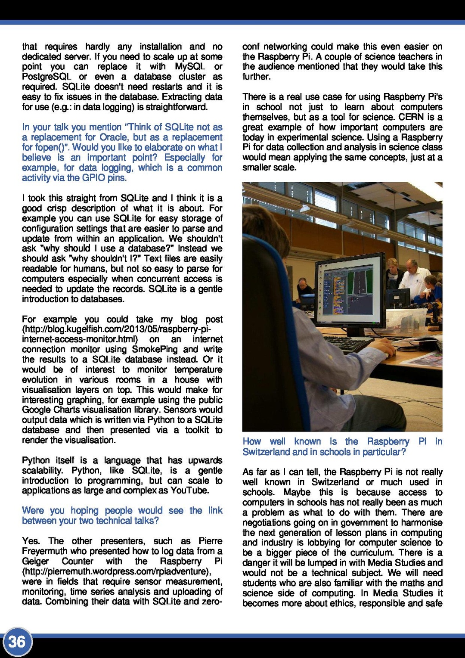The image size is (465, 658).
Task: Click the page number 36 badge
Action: tap(17, 642)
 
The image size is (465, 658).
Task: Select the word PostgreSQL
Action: tap(46, 77)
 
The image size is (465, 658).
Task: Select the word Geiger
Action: tap(35, 561)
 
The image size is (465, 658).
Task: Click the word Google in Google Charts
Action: tap(37, 410)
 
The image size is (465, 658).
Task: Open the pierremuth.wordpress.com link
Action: tap(116, 571)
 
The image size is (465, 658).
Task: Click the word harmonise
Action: tap(421, 523)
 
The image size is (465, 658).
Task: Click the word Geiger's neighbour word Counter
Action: tap(77, 561)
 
